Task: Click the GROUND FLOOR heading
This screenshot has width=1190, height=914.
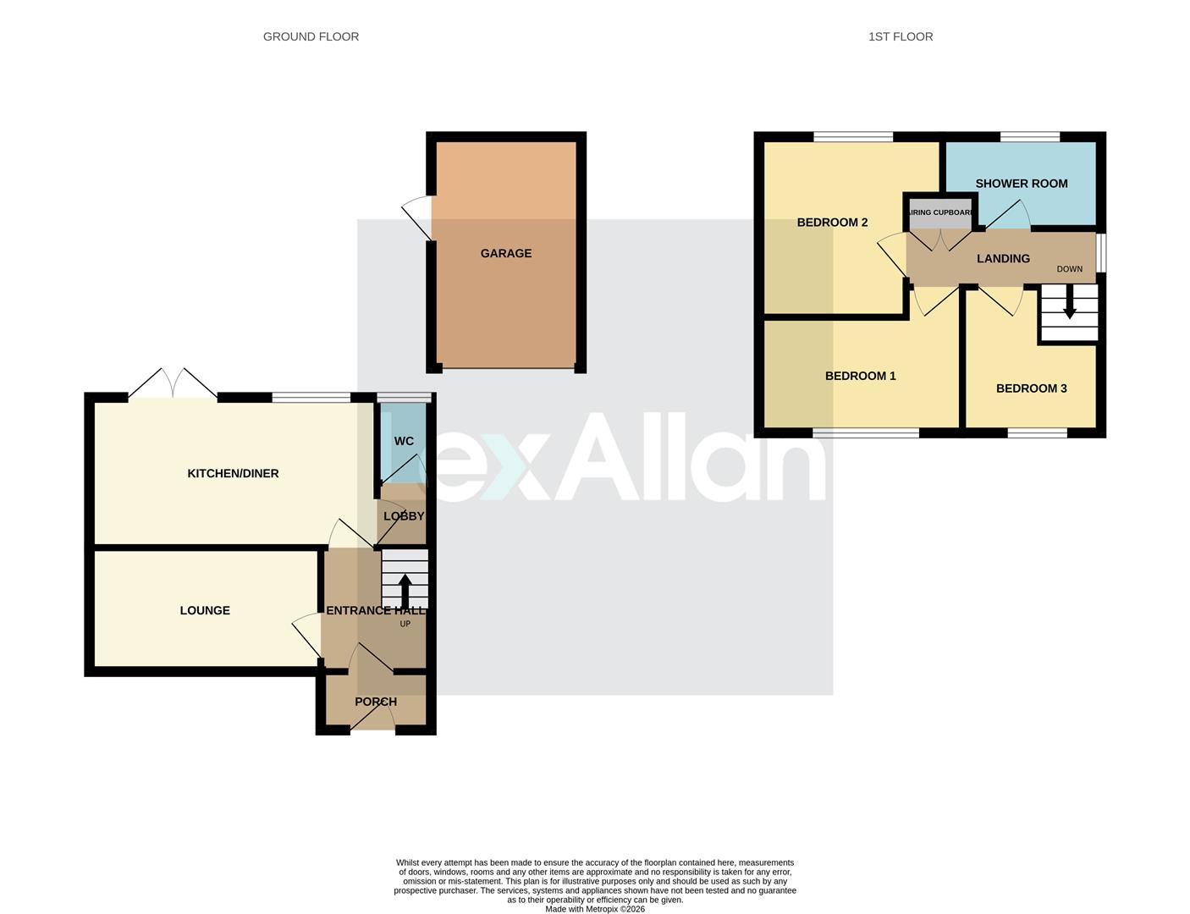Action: [x=311, y=36]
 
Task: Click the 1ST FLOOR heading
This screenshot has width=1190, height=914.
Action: [x=901, y=36]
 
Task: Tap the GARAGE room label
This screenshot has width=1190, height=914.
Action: [x=506, y=253]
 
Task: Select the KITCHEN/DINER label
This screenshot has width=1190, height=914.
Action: [x=233, y=473]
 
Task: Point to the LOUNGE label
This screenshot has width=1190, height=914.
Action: [x=205, y=610]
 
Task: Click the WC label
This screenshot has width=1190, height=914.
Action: [x=404, y=441]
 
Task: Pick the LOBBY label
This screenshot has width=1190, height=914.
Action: [x=404, y=515]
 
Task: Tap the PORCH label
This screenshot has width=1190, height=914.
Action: [x=376, y=702]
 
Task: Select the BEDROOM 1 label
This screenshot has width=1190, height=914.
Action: [x=860, y=376]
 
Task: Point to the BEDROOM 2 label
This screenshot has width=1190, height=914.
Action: [x=832, y=223]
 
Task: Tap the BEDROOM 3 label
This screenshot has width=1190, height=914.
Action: [x=1031, y=388]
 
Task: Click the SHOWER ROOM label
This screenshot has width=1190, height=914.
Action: [x=1021, y=184]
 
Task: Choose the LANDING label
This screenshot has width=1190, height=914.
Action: [x=1003, y=258]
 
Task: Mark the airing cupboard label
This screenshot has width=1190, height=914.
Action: [x=939, y=212]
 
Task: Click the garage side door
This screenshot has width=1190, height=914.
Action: [x=416, y=219]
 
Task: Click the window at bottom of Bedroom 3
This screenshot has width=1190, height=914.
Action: [x=1037, y=433]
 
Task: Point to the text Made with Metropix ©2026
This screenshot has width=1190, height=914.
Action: [x=594, y=909]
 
